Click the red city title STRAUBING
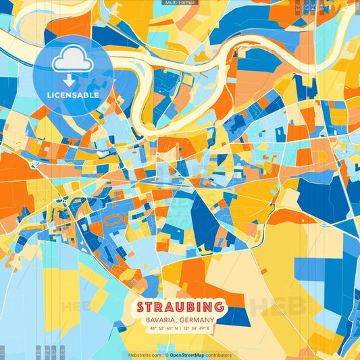click(180, 306)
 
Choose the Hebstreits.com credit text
click(145, 355)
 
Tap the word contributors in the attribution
click(219, 355)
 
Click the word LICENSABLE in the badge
click(73, 95)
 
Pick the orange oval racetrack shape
click(113, 220)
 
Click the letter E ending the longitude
click(209, 329)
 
